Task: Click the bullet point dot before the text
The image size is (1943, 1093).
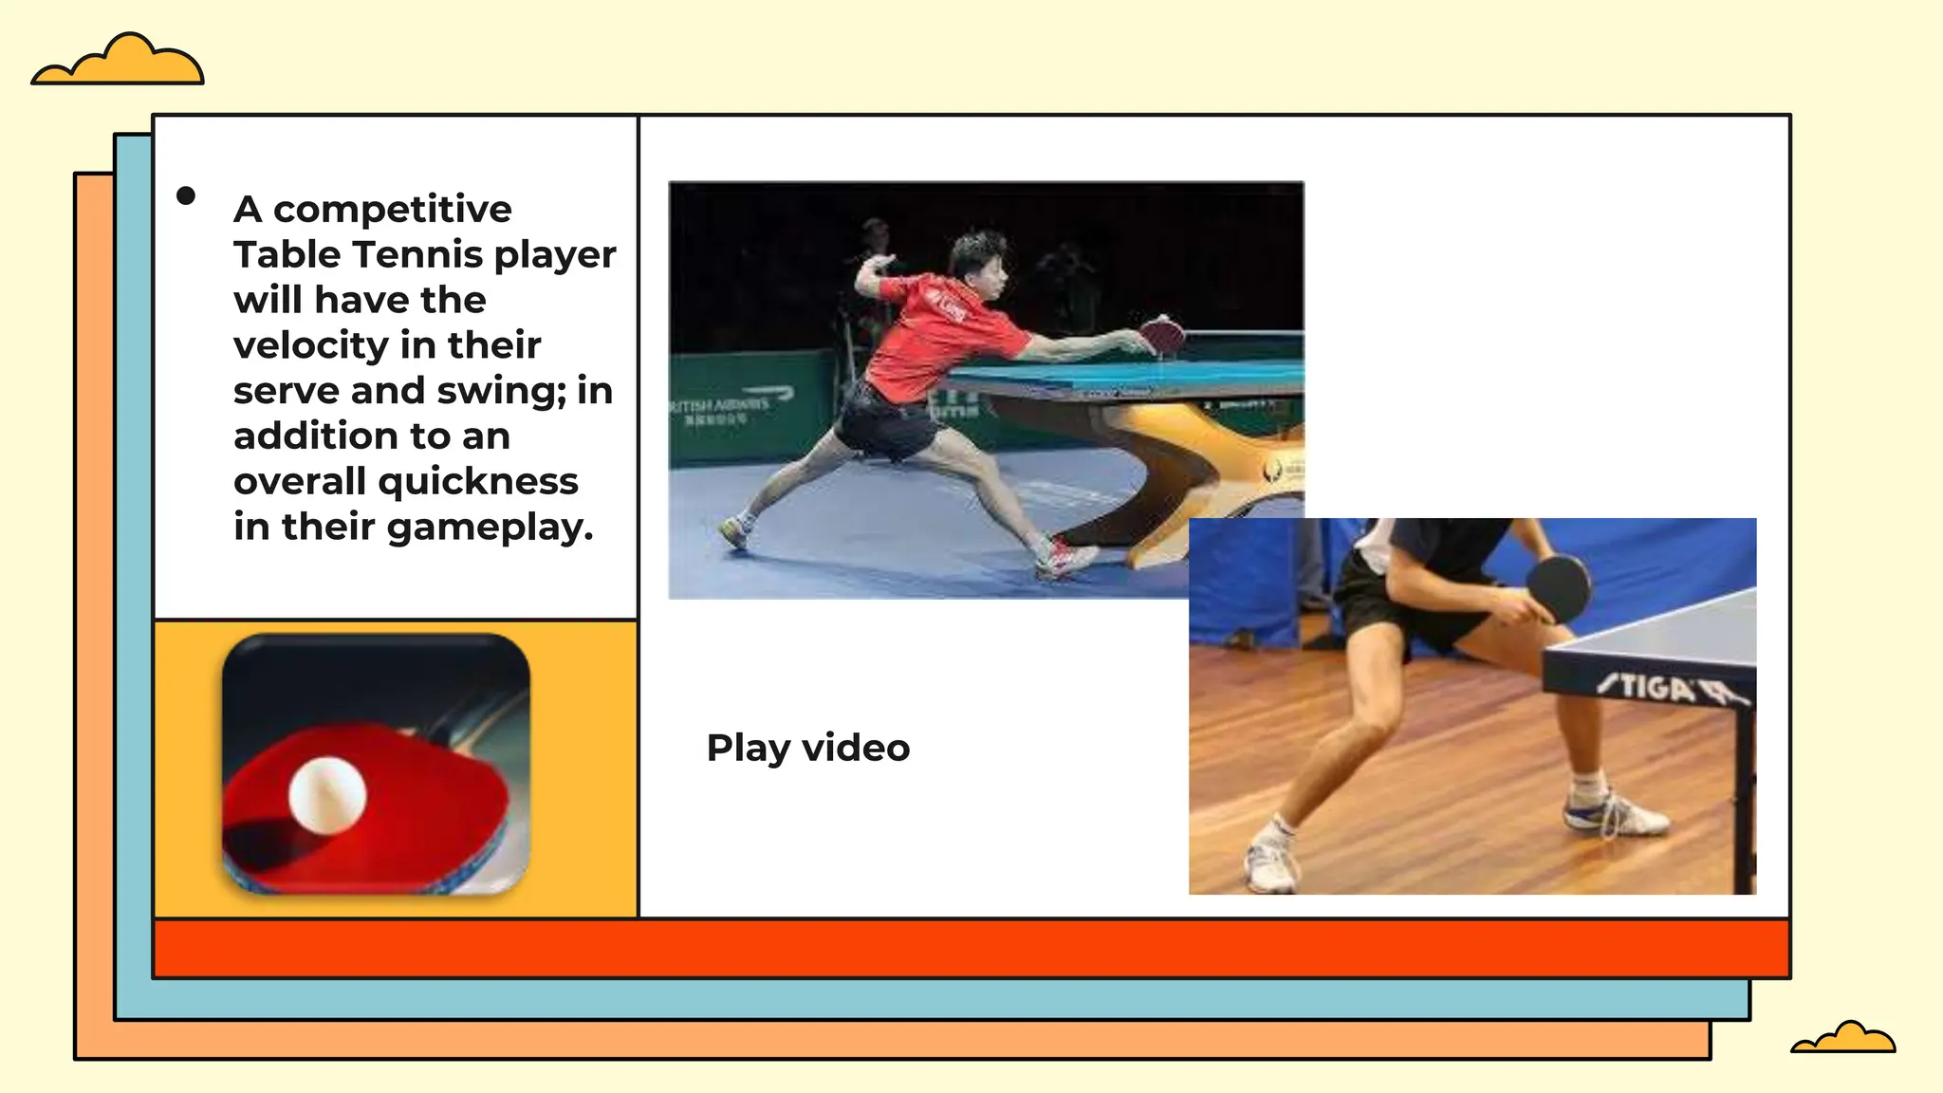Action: tap(186, 195)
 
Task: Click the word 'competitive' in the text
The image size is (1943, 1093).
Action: tap(392, 210)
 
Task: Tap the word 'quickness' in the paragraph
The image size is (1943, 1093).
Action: tap(478, 482)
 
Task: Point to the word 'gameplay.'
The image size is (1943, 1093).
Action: tap(490, 528)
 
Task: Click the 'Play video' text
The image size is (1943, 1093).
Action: tap(808, 749)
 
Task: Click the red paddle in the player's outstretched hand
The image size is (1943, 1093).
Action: tap(1164, 335)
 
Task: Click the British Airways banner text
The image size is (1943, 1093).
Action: tap(729, 405)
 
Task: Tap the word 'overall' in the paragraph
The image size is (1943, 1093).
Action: tap(299, 482)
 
